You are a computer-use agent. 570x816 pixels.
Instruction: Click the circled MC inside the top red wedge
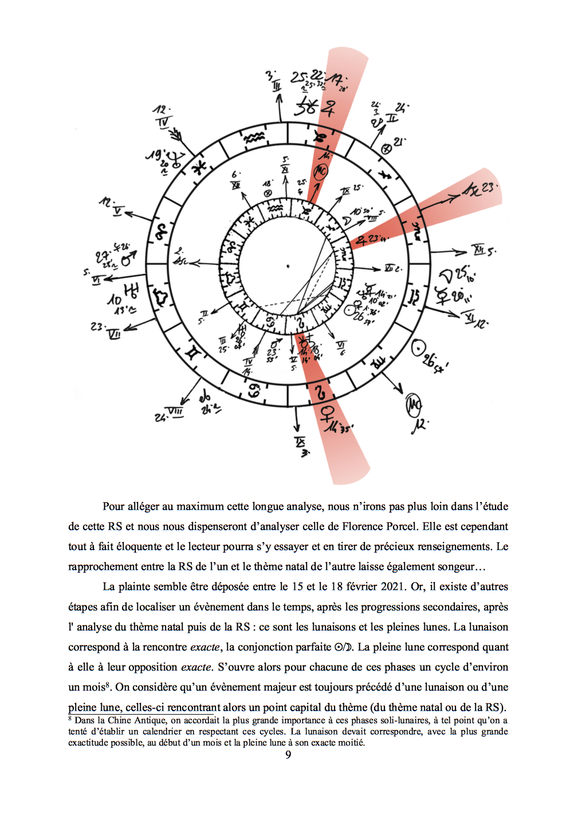tap(321, 170)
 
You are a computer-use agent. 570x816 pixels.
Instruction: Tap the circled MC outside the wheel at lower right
tap(414, 405)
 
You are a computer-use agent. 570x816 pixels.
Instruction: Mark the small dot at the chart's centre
tap(288, 266)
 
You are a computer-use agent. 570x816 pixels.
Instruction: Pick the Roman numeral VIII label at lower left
tap(175, 412)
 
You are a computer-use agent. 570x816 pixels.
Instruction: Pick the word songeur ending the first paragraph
tap(453, 566)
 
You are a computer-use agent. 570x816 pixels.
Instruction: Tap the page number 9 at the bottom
tap(288, 755)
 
